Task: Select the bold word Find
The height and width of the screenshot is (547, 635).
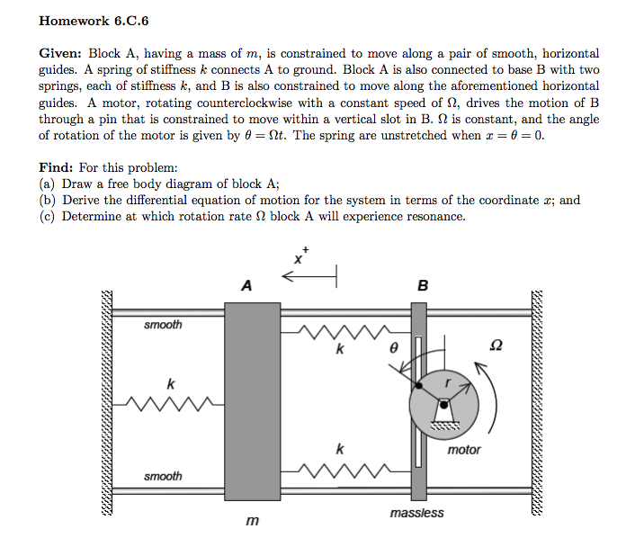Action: (56, 167)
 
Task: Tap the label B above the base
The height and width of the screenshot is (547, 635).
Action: (424, 286)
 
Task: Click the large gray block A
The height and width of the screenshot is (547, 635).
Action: (252, 401)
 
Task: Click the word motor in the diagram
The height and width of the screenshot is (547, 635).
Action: (464, 450)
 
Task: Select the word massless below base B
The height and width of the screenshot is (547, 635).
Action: (416, 513)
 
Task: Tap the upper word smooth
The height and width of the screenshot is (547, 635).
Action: (163, 325)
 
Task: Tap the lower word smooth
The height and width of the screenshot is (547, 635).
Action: (163, 476)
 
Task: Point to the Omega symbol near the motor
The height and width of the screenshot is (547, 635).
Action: (496, 345)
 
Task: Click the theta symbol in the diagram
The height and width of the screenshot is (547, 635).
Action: (392, 345)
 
